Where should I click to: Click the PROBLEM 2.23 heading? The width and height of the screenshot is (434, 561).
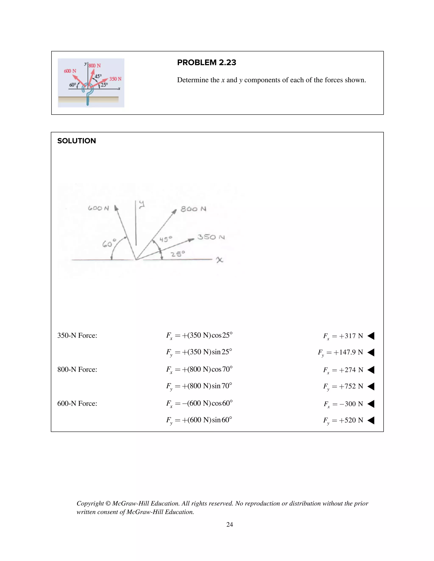coord(206,62)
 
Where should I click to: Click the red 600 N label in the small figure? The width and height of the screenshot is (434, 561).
coord(70,71)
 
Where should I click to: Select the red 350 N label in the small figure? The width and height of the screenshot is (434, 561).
coord(115,79)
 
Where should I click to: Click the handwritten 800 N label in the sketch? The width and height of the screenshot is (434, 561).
coord(193,209)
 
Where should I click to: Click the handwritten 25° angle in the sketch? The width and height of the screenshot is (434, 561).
coord(178,254)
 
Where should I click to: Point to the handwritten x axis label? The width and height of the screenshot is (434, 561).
coord(219,260)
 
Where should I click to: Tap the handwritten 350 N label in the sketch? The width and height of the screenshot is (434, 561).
coord(211,237)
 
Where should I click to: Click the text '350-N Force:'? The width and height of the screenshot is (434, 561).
coord(77,336)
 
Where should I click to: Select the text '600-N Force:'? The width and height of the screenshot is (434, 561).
coord(77,403)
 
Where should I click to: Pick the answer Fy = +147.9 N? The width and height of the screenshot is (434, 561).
coord(340,352)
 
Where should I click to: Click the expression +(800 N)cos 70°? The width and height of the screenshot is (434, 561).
coord(207,369)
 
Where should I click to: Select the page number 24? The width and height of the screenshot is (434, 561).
coord(230,525)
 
